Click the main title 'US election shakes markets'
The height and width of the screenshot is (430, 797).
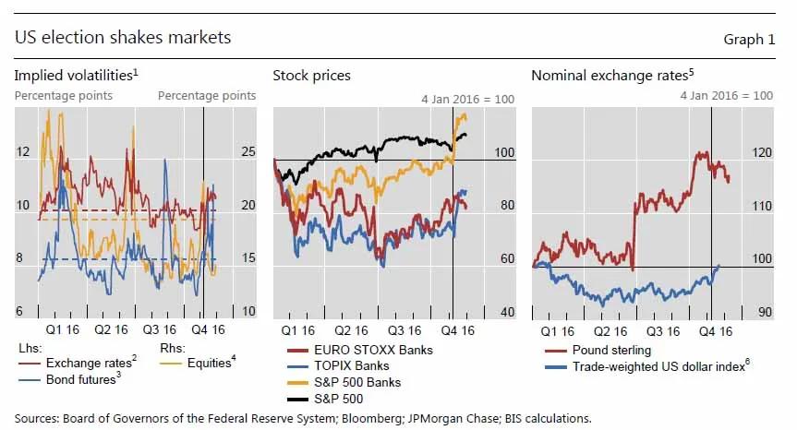[x=123, y=38]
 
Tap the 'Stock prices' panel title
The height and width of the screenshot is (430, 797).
[x=311, y=75]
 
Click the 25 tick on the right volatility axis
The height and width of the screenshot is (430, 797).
[x=248, y=151]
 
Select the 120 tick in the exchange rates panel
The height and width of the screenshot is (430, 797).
[x=763, y=153]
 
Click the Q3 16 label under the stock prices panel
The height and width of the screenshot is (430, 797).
[x=405, y=328]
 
